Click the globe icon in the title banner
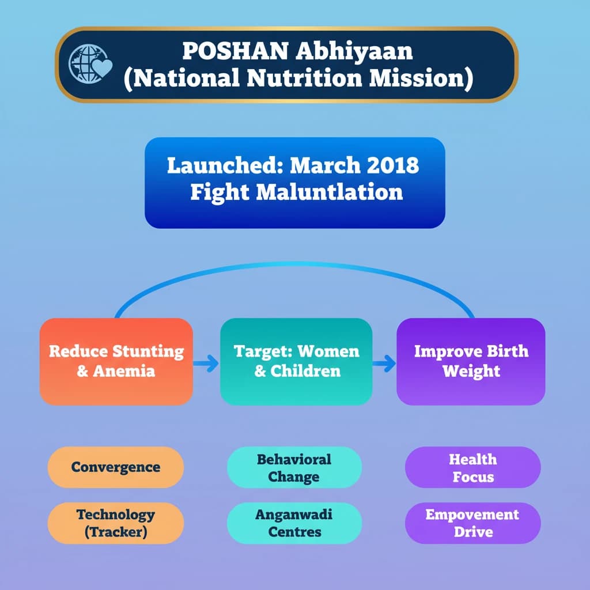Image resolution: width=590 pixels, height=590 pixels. coord(85,63)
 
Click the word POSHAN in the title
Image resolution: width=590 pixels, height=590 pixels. coord(236,51)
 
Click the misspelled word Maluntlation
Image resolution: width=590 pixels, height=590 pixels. coord(330,192)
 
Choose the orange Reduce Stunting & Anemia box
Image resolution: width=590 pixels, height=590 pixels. coord(116,361)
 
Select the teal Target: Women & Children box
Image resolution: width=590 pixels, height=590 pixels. coord(296,361)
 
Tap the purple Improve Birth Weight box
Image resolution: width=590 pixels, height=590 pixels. coord(471,361)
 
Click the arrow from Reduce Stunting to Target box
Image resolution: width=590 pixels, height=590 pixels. coord(206,364)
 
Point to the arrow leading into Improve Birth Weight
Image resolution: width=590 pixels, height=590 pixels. coord(384,364)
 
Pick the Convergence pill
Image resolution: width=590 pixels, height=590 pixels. coord(115,467)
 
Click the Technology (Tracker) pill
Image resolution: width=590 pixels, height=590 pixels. coord(115,523)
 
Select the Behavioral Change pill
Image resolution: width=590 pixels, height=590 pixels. coord(294,467)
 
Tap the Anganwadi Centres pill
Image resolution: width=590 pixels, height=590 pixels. coord(294,523)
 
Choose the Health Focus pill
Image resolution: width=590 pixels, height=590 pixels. coord(472,467)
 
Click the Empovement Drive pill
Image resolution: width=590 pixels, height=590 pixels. coord(472,523)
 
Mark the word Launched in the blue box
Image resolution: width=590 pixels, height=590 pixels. coord(225,165)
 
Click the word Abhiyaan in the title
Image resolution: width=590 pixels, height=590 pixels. coord(354,51)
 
